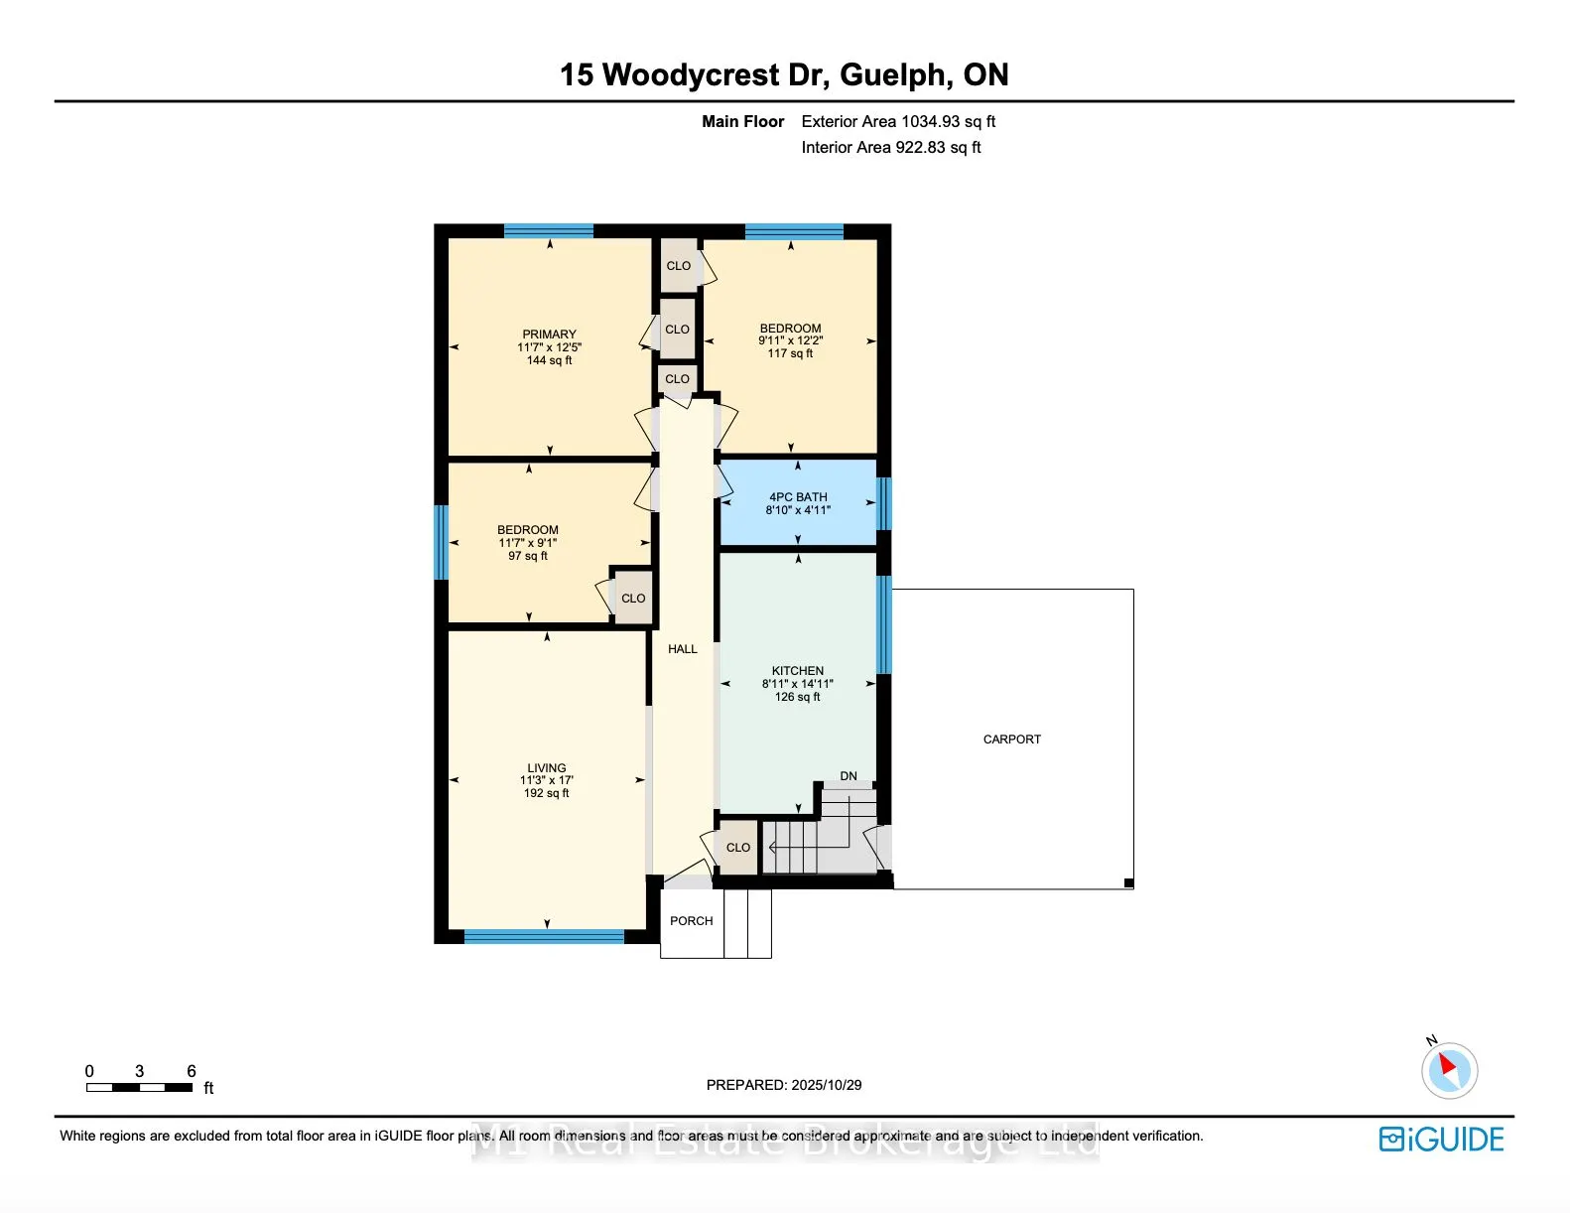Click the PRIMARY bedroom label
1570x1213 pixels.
point(549,336)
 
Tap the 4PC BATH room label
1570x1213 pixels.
point(798,497)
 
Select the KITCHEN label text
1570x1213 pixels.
point(798,671)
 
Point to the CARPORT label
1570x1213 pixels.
point(1011,740)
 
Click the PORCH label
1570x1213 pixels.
point(691,921)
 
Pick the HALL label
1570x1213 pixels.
point(683,649)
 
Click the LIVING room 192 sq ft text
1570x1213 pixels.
point(547,793)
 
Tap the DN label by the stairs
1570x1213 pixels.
point(849,776)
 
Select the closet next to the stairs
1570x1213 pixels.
point(737,848)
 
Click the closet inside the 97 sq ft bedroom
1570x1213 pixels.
point(633,599)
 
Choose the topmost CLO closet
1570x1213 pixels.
point(679,266)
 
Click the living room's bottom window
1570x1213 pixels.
point(544,936)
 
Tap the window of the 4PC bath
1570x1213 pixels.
point(883,503)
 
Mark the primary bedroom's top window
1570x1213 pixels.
point(549,231)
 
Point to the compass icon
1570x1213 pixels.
point(1449,1070)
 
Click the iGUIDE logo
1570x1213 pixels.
point(1442,1139)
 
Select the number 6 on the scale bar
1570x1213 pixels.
point(192,1071)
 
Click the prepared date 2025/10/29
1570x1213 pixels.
point(827,1085)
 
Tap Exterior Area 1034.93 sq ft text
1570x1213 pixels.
point(898,121)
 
